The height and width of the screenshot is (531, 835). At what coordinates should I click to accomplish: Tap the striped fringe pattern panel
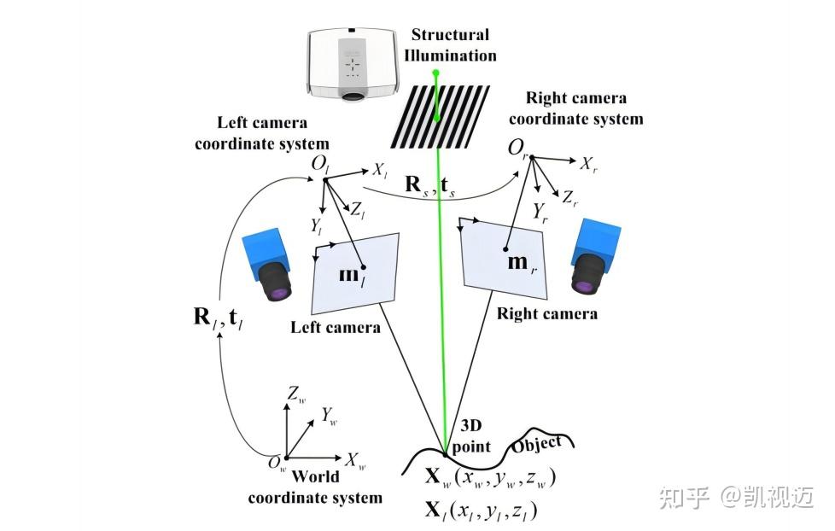pos(435,116)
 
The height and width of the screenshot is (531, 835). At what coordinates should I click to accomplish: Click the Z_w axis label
pos(296,394)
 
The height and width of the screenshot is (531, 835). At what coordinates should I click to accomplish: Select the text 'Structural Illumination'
pos(451,45)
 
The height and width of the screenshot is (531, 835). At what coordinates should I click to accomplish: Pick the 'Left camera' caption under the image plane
pos(336,327)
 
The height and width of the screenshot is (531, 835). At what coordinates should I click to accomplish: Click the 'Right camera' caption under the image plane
pos(546,313)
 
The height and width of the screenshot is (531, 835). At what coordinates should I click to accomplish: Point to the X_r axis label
pos(588,163)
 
